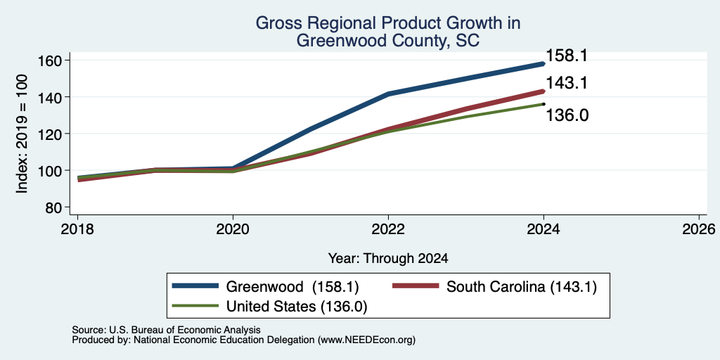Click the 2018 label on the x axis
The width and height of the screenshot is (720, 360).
pyautogui.click(x=77, y=229)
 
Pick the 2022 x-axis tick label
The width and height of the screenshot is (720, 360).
pyautogui.click(x=388, y=229)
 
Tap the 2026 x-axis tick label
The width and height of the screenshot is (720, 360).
pyautogui.click(x=699, y=229)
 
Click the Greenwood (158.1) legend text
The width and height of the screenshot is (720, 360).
pyautogui.click(x=292, y=287)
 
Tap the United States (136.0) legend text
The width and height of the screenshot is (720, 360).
pyautogui.click(x=297, y=307)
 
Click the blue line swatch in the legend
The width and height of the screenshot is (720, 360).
pyautogui.click(x=195, y=286)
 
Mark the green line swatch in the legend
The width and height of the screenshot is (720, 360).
pyautogui.click(x=195, y=305)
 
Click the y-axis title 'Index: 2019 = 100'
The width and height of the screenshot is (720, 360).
pyautogui.click(x=22, y=134)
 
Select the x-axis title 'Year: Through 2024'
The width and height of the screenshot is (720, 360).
pyautogui.click(x=388, y=259)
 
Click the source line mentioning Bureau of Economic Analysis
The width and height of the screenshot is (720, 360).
pyautogui.click(x=166, y=330)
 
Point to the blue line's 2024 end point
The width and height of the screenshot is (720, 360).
pyautogui.click(x=544, y=64)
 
